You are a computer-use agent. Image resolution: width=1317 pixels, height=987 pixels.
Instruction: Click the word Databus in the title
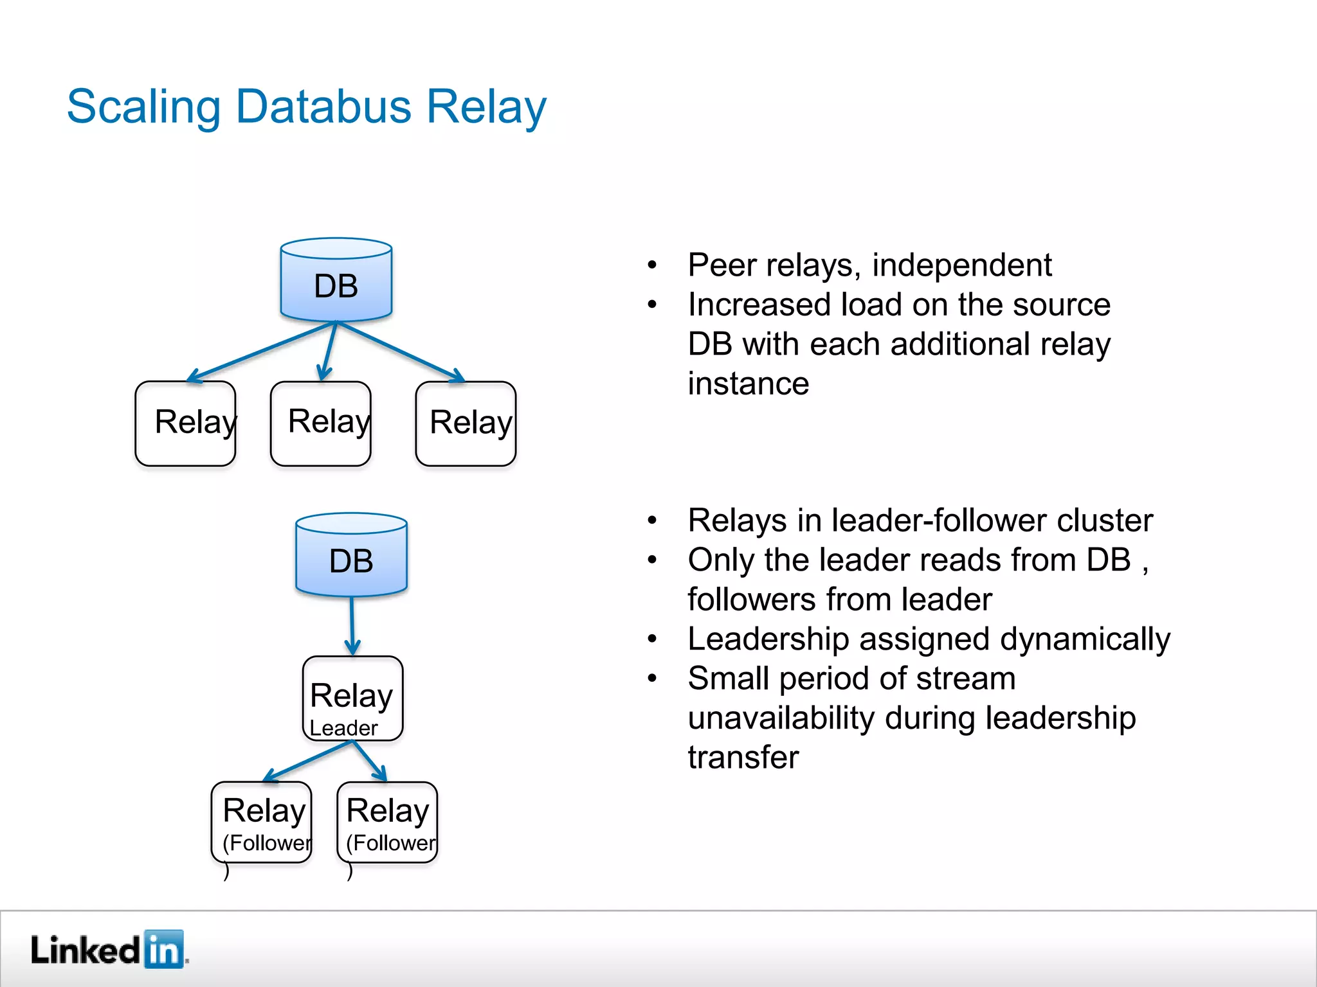click(323, 107)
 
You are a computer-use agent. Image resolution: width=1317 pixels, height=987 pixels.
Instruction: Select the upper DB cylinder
click(336, 281)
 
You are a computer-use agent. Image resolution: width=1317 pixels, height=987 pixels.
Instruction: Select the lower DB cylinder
click(351, 556)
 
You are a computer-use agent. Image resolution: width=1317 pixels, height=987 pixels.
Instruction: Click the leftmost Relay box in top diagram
click(185, 423)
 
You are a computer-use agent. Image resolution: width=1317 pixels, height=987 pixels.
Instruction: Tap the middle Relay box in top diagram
click(320, 423)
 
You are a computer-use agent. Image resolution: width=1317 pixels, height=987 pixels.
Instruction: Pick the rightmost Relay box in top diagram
click(466, 423)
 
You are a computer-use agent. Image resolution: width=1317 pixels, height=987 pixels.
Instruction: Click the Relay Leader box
click(352, 699)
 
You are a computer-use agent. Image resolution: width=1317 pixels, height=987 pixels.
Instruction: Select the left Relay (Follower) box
click(262, 822)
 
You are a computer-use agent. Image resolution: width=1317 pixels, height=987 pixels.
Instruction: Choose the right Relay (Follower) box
click(387, 822)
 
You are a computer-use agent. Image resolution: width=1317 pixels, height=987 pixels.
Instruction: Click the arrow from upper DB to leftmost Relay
click(260, 351)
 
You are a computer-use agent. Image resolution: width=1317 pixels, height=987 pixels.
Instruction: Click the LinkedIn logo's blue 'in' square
click(163, 949)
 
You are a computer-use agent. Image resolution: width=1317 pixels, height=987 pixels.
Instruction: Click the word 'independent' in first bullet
click(961, 265)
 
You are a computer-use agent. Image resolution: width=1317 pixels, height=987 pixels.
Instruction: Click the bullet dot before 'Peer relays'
click(652, 265)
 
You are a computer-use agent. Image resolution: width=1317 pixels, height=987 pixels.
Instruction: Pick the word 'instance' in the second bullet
click(748, 384)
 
